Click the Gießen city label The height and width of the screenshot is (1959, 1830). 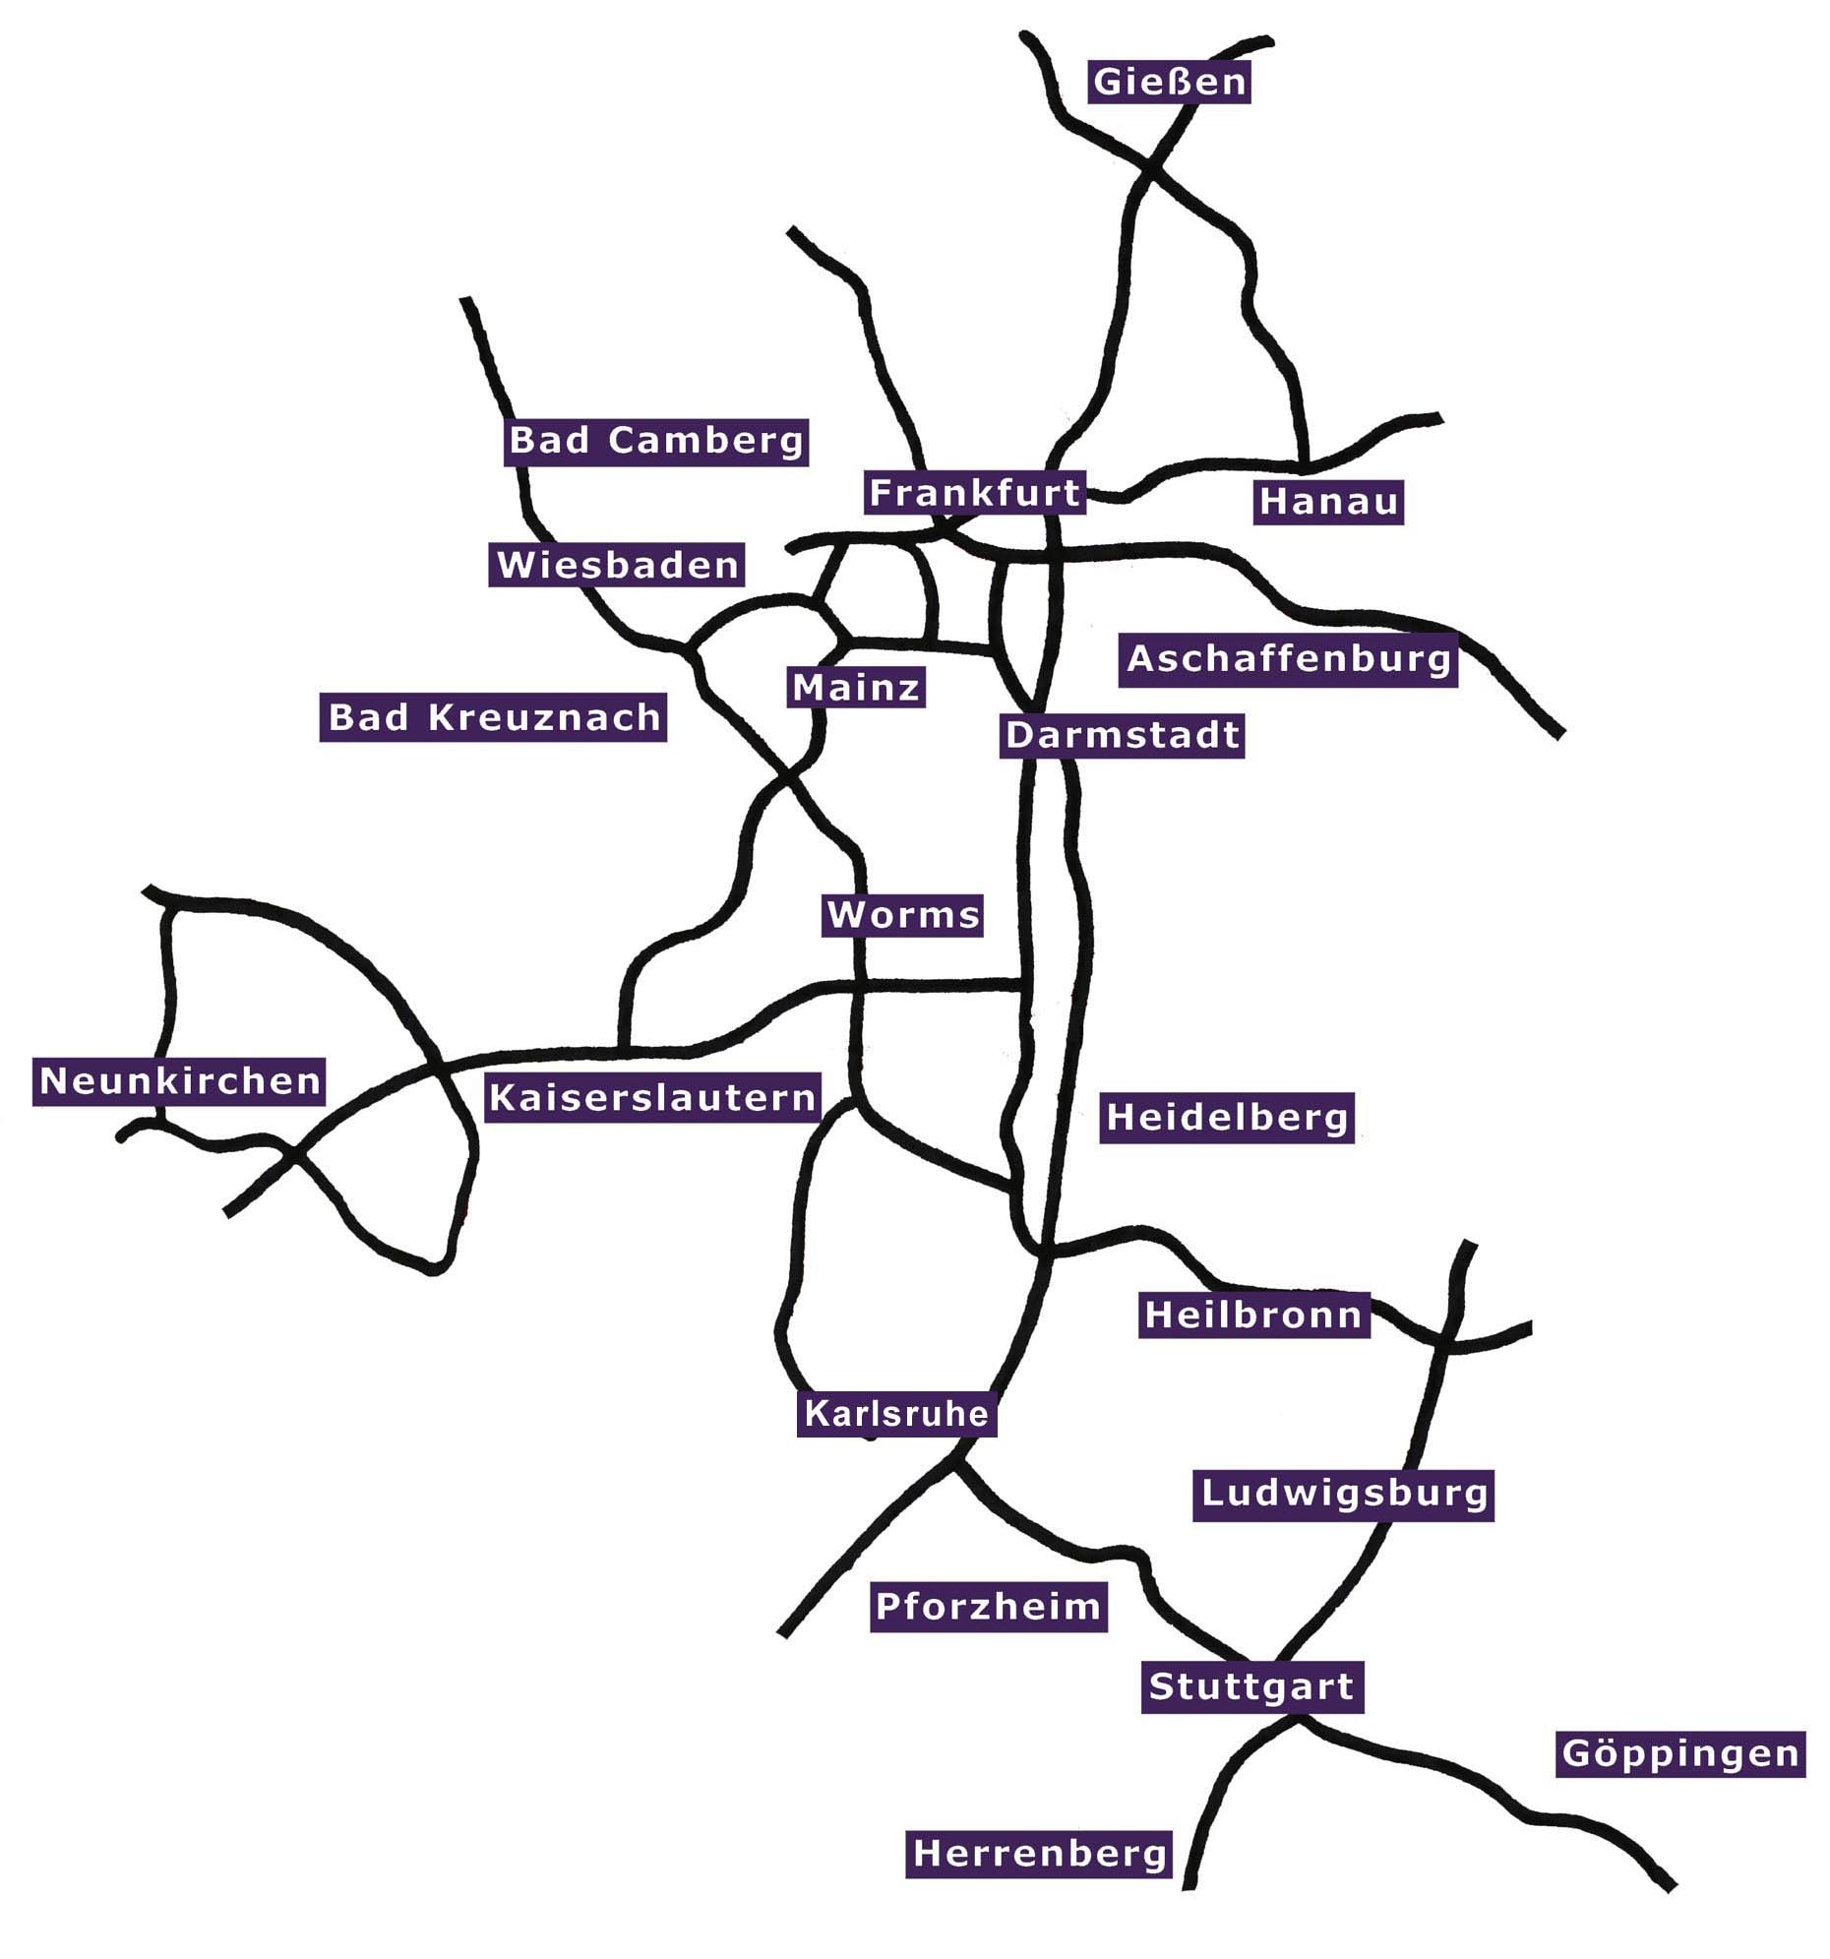pos(1169,82)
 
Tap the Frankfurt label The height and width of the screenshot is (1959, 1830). pos(975,493)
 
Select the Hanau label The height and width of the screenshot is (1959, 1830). pos(1327,502)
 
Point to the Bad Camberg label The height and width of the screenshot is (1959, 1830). pos(656,441)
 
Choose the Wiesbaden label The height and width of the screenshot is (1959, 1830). pos(617,565)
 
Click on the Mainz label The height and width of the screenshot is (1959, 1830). pos(856,687)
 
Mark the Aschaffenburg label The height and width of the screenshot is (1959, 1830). pos(1288,658)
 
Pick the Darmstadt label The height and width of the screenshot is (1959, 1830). pos(1123,735)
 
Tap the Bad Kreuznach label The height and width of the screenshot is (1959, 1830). pos(494,717)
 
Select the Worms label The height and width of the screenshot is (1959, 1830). pos(902,915)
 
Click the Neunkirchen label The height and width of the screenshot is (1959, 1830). pos(179,1081)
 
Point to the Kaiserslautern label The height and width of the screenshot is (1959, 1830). pos(652,1098)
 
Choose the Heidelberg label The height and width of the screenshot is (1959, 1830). pos(1227,1118)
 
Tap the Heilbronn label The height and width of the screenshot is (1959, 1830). pos(1253,1315)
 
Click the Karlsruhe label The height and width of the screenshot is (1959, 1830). pos(896,1414)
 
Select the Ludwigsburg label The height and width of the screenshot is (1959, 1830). pos(1343,1493)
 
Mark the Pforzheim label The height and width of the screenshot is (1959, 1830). pos(989,1607)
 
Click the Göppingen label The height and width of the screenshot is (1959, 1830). pos(1680,1754)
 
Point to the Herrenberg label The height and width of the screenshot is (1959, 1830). pos(1040,1854)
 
